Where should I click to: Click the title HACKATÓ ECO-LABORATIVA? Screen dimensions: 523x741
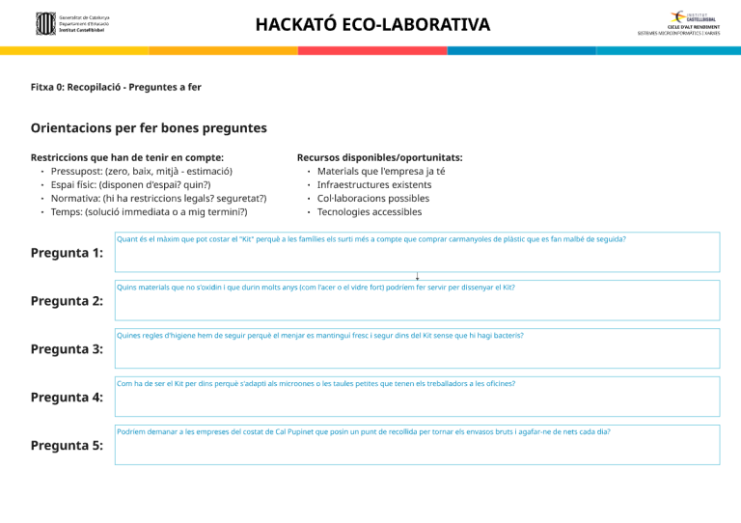(x=372, y=24)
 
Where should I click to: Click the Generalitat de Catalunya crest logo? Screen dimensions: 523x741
(x=45, y=24)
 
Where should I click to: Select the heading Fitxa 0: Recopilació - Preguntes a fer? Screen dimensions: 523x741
(x=116, y=87)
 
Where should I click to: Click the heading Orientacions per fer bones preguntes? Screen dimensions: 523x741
(x=149, y=127)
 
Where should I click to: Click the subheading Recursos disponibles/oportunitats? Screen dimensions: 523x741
(x=379, y=157)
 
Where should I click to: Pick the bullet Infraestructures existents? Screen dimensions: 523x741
(x=374, y=184)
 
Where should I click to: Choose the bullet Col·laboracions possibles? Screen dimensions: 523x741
(x=373, y=198)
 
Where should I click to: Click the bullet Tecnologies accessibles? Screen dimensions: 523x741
(x=370, y=212)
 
